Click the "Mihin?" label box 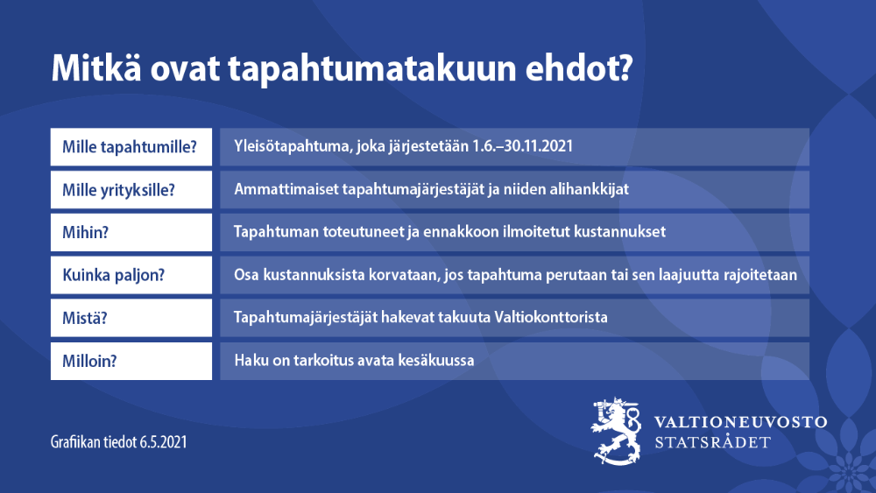pos(131,232)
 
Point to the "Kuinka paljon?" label pos(114,275)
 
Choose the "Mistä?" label pos(131,318)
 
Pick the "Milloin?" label pos(131,361)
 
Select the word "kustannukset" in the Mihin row pos(624,232)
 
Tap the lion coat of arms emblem pos(618,429)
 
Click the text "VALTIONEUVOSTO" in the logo pos(740,422)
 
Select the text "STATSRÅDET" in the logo pos(713,442)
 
